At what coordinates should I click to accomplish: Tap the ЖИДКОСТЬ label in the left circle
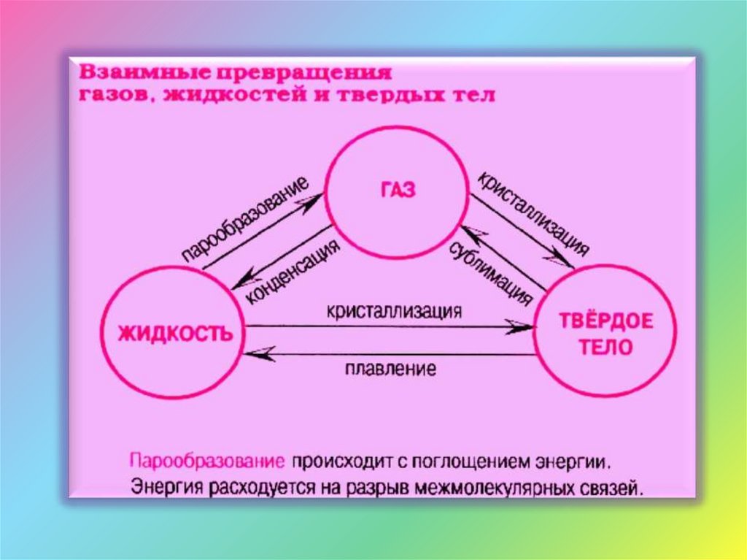pyautogui.click(x=176, y=334)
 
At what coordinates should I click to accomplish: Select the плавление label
pyautogui.click(x=390, y=369)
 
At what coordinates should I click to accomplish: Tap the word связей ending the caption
pyautogui.click(x=611, y=486)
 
